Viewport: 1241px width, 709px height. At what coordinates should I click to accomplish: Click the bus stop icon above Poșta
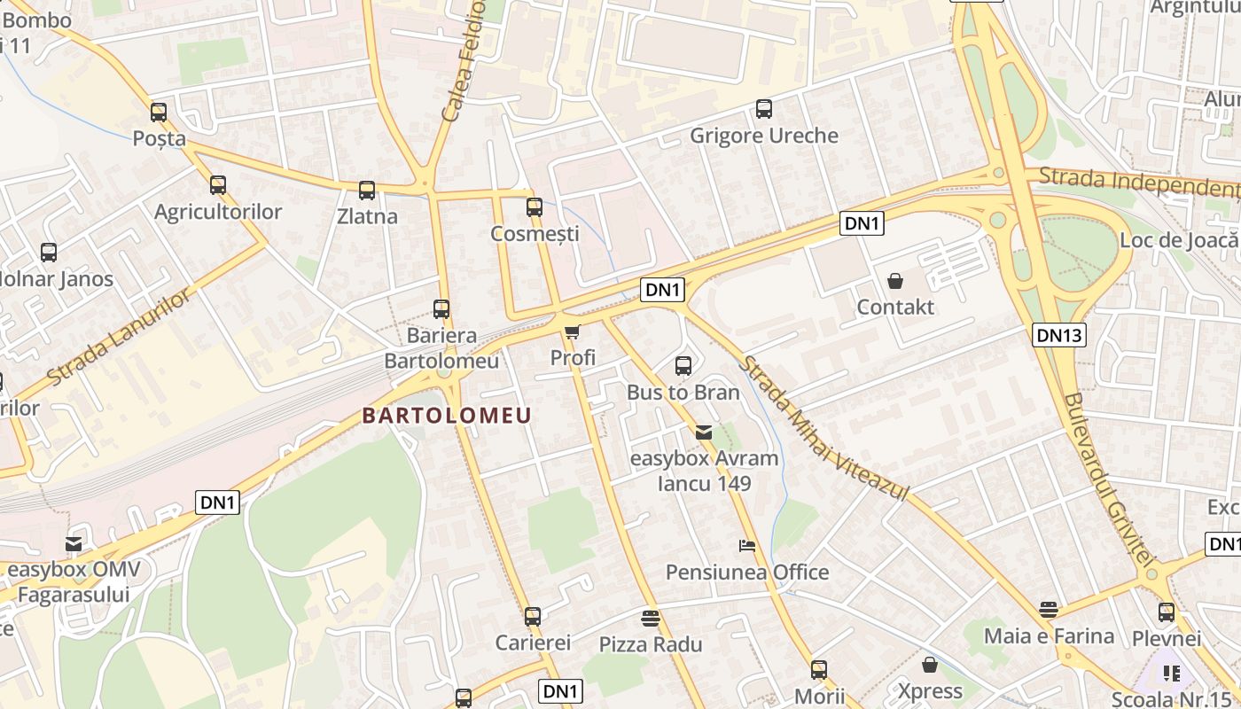coord(159,113)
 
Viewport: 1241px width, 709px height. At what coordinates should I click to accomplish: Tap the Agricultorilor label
coord(218,212)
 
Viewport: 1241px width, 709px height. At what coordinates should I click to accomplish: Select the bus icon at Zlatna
coord(367,190)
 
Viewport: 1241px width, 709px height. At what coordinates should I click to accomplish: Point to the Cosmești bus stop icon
coord(535,207)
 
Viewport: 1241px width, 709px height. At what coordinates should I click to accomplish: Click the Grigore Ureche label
coord(763,136)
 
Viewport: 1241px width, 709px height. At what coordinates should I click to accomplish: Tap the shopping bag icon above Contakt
coord(895,281)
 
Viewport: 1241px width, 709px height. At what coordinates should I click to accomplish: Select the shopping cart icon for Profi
coord(573,332)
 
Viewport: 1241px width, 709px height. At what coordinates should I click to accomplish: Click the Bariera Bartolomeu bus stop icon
coord(441,309)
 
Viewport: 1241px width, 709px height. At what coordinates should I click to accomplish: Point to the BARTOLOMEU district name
coord(447,416)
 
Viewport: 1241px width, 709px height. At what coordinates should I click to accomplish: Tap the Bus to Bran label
coord(683,392)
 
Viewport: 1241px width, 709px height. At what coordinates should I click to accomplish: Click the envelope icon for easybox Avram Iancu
coord(704,432)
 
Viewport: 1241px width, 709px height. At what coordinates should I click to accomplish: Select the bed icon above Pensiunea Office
coord(747,546)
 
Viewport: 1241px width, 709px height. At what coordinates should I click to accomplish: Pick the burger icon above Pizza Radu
coord(651,618)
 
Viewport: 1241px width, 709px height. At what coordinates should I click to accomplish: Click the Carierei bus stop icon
coord(533,616)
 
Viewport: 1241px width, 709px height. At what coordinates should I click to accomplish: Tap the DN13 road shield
coord(1059,334)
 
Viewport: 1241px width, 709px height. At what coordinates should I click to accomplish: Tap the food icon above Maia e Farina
coord(1049,610)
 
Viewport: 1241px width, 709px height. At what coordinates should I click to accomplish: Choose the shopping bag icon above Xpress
coord(930,664)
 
